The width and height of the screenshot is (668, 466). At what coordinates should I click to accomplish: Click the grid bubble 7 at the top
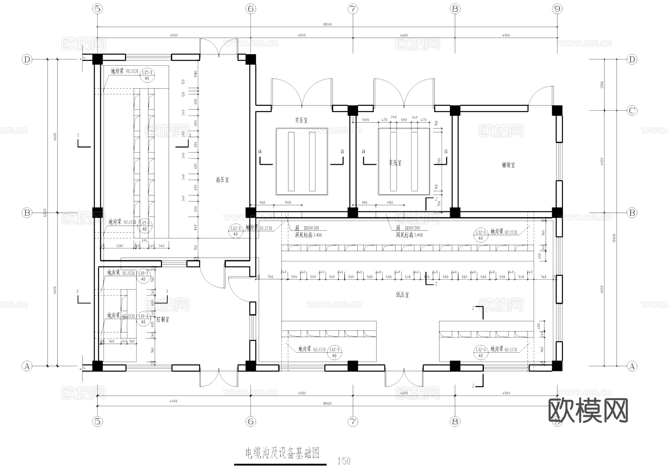point(353,9)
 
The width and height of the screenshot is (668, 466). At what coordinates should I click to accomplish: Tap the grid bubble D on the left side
point(27,59)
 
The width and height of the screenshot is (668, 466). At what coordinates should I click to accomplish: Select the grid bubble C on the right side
point(632,110)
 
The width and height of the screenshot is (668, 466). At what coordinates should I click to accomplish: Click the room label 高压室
point(222,180)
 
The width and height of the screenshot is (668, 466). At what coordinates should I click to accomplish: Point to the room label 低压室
point(402,295)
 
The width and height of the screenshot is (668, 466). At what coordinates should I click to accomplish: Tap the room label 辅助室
point(508,165)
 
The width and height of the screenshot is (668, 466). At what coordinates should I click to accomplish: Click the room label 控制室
point(163,319)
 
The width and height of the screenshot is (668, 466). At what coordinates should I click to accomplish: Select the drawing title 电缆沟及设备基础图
point(282,453)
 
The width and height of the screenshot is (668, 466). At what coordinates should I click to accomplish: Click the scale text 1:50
point(344,461)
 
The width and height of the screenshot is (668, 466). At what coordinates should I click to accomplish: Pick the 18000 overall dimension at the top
point(327,25)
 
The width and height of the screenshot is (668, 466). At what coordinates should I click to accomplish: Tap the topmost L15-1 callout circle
point(147,76)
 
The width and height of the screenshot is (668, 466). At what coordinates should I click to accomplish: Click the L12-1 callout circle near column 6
point(236,231)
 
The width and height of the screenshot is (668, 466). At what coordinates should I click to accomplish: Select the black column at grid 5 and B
point(97,213)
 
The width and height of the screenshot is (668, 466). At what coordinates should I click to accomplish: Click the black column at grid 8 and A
point(455,366)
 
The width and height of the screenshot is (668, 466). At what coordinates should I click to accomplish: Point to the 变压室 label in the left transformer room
point(301,120)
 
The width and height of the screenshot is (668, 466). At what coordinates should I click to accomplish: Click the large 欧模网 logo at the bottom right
point(588,410)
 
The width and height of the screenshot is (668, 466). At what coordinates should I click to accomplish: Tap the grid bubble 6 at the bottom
point(250,421)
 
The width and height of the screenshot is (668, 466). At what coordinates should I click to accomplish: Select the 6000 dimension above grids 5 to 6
point(174,36)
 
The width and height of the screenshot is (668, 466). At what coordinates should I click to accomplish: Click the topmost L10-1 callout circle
point(143,276)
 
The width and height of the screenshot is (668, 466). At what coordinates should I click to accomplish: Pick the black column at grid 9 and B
point(557,213)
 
